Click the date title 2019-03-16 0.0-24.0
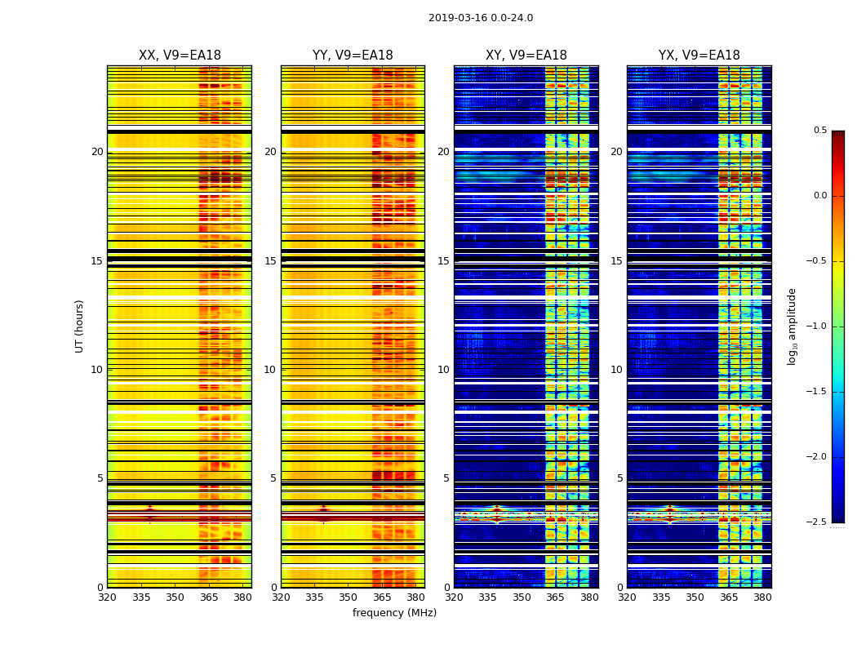pyautogui.click(x=480, y=18)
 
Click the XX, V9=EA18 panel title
pyautogui.click(x=180, y=56)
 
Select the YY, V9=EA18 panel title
pyautogui.click(x=353, y=56)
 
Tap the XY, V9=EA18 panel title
pyautogui.click(x=526, y=56)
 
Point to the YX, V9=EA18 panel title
pyautogui.click(x=699, y=56)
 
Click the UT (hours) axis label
pyautogui.click(x=80, y=326)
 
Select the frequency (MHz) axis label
pyautogui.click(x=394, y=613)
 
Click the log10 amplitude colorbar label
pyautogui.click(x=792, y=326)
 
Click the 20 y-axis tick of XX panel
pyautogui.click(x=97, y=152)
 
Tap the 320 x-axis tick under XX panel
pyautogui.click(x=107, y=597)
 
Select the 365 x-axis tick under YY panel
pyautogui.click(x=383, y=597)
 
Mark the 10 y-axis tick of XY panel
pyautogui.click(x=443, y=370)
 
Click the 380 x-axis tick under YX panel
pyautogui.click(x=762, y=597)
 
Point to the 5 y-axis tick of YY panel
pyautogui.click(x=273, y=478)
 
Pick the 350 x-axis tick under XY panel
pyautogui.click(x=522, y=597)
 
